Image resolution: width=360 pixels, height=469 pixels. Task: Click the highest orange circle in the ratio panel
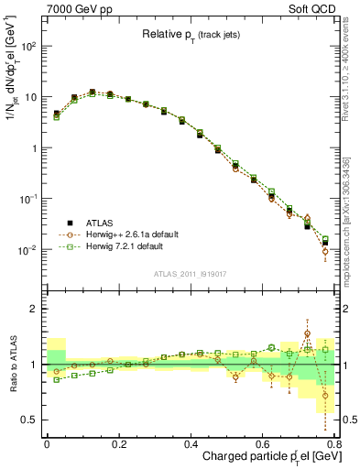[307, 333]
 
